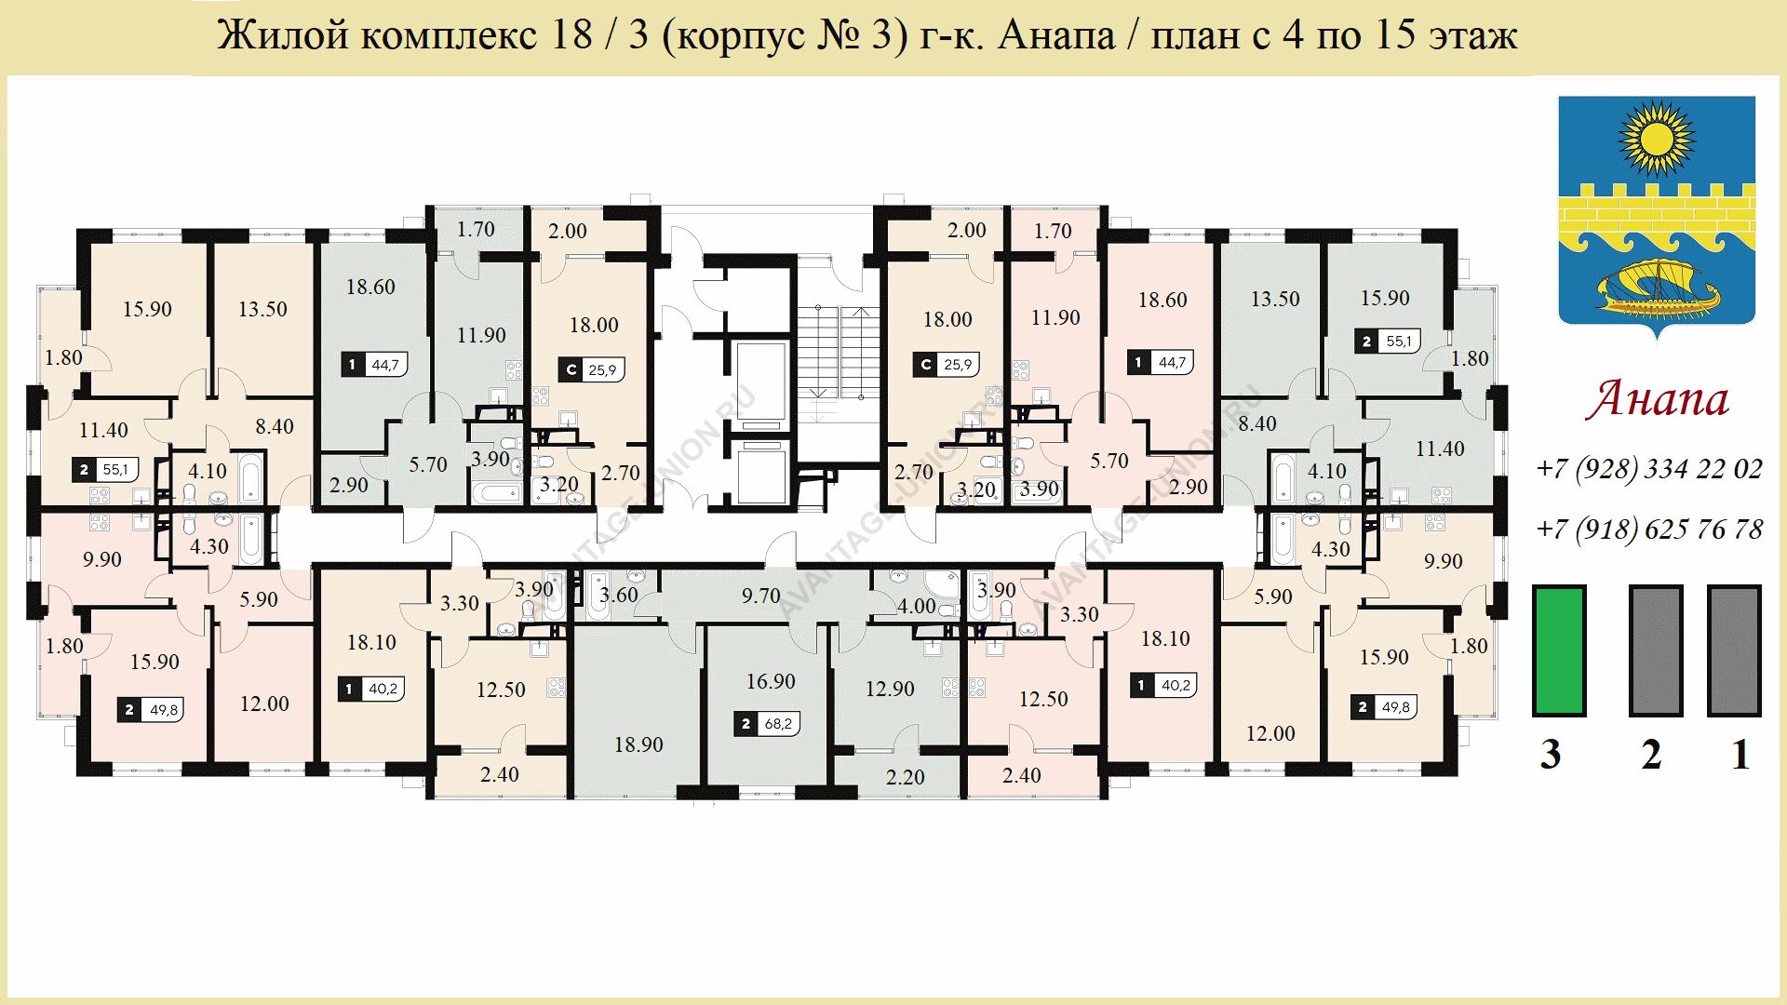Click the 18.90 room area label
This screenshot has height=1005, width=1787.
tap(638, 744)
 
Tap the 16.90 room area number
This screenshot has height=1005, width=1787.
tap(771, 681)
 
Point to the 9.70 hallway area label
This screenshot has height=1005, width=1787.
tap(760, 596)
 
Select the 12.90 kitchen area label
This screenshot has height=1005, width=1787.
tap(890, 689)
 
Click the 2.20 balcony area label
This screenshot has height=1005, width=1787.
tap(905, 777)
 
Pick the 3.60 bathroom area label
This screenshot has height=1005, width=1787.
tap(618, 595)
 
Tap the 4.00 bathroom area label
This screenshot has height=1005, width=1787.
tap(916, 607)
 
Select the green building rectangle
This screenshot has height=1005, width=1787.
tap(1559, 650)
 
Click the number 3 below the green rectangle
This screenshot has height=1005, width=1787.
tap(1551, 754)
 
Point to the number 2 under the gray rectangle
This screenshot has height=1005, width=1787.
tap(1651, 755)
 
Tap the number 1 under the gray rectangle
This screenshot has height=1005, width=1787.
tap(1740, 755)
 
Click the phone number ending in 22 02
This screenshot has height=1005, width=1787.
tap(1649, 468)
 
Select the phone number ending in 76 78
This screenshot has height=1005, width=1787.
tap(1649, 529)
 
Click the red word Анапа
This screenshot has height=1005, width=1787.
tap(1658, 399)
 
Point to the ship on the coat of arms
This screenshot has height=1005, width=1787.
tap(1657, 286)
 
